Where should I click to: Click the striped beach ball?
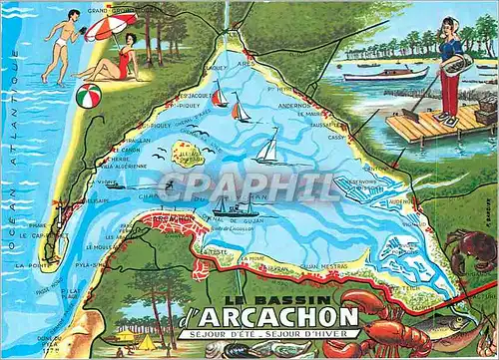87,97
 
